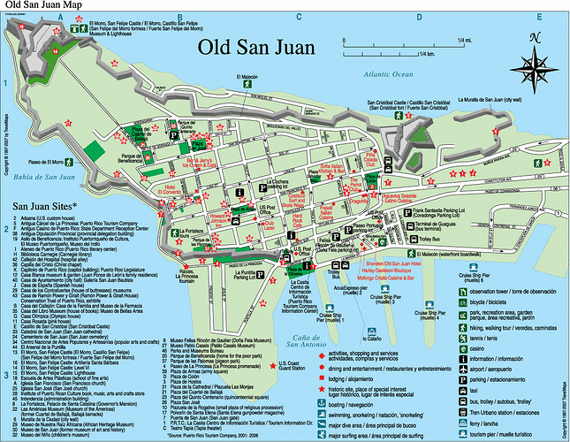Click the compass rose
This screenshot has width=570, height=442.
coord(534,53)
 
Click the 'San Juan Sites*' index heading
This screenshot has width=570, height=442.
coord(46,207)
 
